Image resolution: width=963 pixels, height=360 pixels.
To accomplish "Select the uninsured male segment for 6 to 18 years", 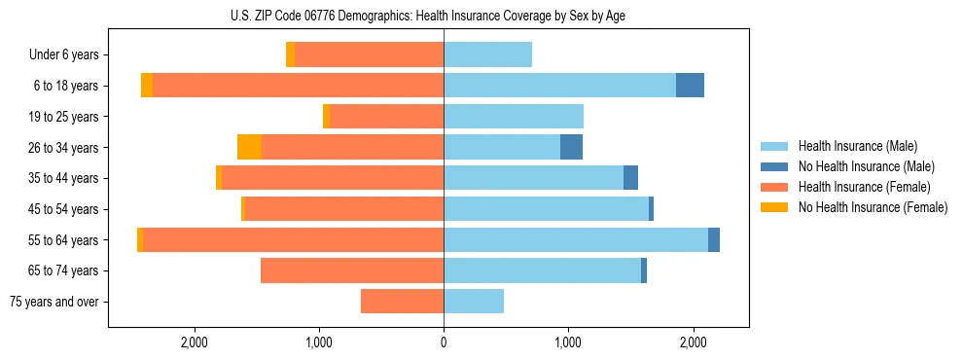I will pyautogui.click(x=690, y=86).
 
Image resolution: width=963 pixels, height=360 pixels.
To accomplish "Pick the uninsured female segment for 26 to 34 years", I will pyautogui.click(x=249, y=148).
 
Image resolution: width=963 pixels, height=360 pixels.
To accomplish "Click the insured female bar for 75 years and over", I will pyautogui.click(x=402, y=302).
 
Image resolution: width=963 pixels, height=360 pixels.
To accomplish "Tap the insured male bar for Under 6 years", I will pyautogui.click(x=487, y=55).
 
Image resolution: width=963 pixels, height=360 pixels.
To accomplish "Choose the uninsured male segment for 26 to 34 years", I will pyautogui.click(x=571, y=148).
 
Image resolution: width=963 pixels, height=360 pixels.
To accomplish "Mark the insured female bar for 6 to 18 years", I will pyautogui.click(x=298, y=86).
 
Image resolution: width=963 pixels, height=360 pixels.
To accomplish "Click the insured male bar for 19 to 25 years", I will pyautogui.click(x=514, y=117).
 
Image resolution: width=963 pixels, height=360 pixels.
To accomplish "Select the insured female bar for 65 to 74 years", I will pyautogui.click(x=352, y=270).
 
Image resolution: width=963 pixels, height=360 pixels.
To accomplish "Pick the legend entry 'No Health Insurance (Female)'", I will pyautogui.click(x=873, y=207).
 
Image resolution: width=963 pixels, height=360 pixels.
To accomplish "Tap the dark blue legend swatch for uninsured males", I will pyautogui.click(x=774, y=166).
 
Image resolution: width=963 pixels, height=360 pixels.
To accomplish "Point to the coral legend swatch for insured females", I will pyautogui.click(x=774, y=187).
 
